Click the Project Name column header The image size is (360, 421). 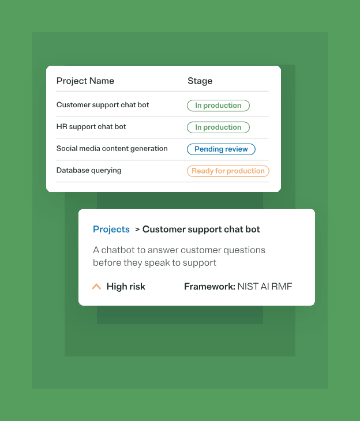pos(85,81)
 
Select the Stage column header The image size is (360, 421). pos(200,81)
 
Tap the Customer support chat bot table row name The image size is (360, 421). pos(103,105)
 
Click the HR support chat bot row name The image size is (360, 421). pos(91,127)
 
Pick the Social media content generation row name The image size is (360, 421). pos(112,148)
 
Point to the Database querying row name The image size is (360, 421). pos(89,171)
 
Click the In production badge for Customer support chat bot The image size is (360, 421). pos(218,106)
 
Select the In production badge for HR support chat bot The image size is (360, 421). pos(218,127)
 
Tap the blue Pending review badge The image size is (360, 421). pos(221,149)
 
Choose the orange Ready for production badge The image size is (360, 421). pos(228,171)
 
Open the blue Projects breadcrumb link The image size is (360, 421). pos(111,230)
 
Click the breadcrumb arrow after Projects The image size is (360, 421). pos(137,230)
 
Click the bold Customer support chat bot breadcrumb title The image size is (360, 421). pos(201,230)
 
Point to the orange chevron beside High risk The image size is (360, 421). pos(96,287)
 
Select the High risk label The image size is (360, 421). pos(126,287)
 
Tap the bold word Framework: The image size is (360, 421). pos(210,287)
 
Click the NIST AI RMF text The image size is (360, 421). pos(265,287)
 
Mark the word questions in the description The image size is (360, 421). pos(244,250)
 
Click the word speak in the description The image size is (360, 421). pos(157,263)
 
